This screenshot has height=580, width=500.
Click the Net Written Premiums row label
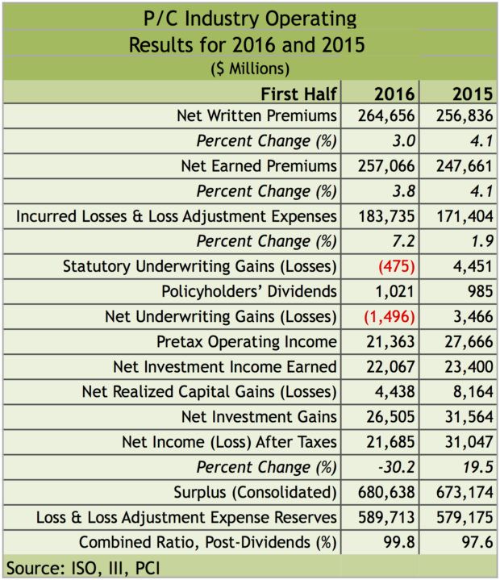[256, 115]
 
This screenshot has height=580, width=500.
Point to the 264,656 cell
[385, 115]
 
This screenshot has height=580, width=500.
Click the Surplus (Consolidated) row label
[255, 492]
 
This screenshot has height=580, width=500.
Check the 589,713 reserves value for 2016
[385, 517]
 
